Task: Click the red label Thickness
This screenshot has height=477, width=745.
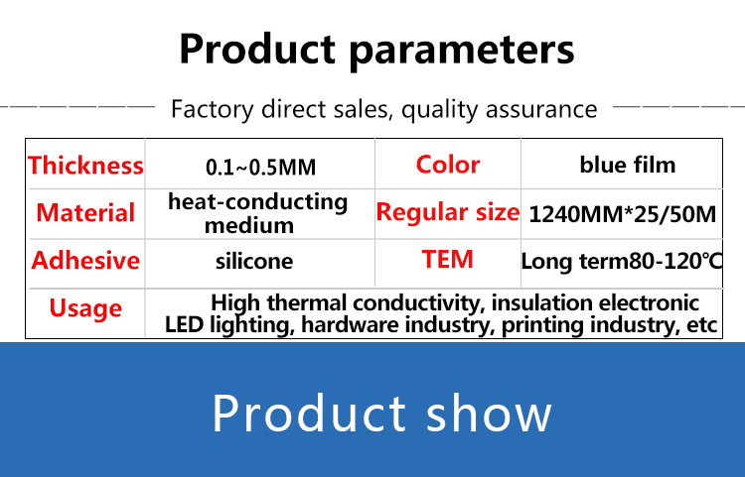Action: tap(85, 166)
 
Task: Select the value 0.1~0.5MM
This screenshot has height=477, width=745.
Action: tap(261, 168)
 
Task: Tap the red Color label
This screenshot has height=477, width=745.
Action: tap(448, 165)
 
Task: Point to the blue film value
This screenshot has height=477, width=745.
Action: tap(628, 165)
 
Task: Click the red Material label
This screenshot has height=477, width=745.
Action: tap(85, 212)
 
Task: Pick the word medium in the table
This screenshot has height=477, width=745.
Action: tap(249, 225)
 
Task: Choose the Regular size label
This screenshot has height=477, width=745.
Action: tap(448, 211)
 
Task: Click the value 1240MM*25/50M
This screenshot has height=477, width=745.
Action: tap(623, 214)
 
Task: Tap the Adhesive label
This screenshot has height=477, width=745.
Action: tap(85, 260)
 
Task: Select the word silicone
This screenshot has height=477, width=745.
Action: tap(254, 261)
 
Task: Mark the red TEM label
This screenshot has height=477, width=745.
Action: tap(448, 260)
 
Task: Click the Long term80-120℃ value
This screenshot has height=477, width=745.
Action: tap(622, 261)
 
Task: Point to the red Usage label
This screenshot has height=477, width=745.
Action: tap(85, 308)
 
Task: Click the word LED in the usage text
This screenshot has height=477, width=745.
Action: tap(185, 325)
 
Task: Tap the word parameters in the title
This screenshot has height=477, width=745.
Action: tap(462, 51)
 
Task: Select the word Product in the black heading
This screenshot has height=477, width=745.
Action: tap(257, 49)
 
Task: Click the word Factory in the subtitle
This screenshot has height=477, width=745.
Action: tap(212, 109)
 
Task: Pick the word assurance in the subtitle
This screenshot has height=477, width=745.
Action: tap(541, 109)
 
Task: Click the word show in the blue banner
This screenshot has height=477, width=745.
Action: tap(489, 413)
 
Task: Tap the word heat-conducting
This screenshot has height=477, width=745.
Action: tap(258, 202)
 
